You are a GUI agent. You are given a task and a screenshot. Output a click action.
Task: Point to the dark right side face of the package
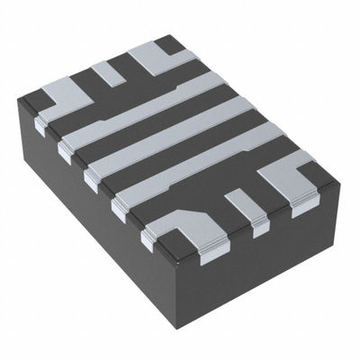[x=270, y=261]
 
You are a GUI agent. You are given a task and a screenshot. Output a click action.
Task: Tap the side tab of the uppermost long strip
[x=65, y=153]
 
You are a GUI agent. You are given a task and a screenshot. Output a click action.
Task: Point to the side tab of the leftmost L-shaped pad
[x=40, y=125]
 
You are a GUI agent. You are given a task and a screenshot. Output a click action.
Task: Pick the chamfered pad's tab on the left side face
[x=149, y=238]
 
